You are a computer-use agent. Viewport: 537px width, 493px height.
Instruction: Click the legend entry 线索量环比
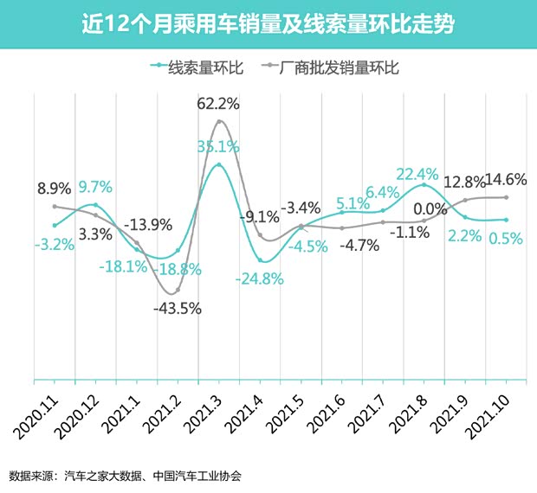194,67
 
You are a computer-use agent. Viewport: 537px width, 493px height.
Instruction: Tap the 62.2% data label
220,105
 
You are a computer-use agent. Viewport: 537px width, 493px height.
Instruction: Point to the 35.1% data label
218,146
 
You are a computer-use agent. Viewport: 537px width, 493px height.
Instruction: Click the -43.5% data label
177,309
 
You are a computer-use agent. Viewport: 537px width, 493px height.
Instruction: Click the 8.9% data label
54,188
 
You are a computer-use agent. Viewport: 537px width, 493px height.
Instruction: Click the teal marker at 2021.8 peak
424,185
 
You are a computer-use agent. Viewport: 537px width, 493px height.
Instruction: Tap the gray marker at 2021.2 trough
178,290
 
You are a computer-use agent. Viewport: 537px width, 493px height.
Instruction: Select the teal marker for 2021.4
260,259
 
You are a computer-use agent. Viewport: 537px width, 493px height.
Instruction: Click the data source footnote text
125,475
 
